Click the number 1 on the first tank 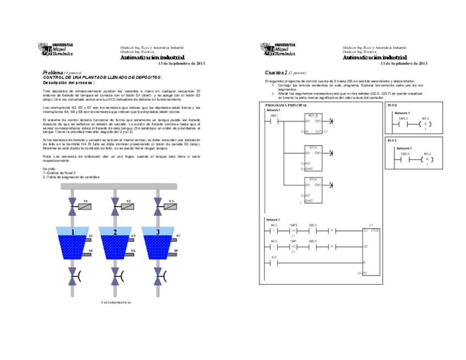tap(72, 232)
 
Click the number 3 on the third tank tap(158, 232)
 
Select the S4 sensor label tap(91, 251)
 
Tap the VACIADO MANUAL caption tap(116, 302)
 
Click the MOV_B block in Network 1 tap(313, 123)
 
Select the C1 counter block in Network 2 tap(371, 250)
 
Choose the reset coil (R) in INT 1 tap(425, 159)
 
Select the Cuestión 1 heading tap(276, 72)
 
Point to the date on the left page tap(181, 64)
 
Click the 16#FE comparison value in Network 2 tap(293, 225)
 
